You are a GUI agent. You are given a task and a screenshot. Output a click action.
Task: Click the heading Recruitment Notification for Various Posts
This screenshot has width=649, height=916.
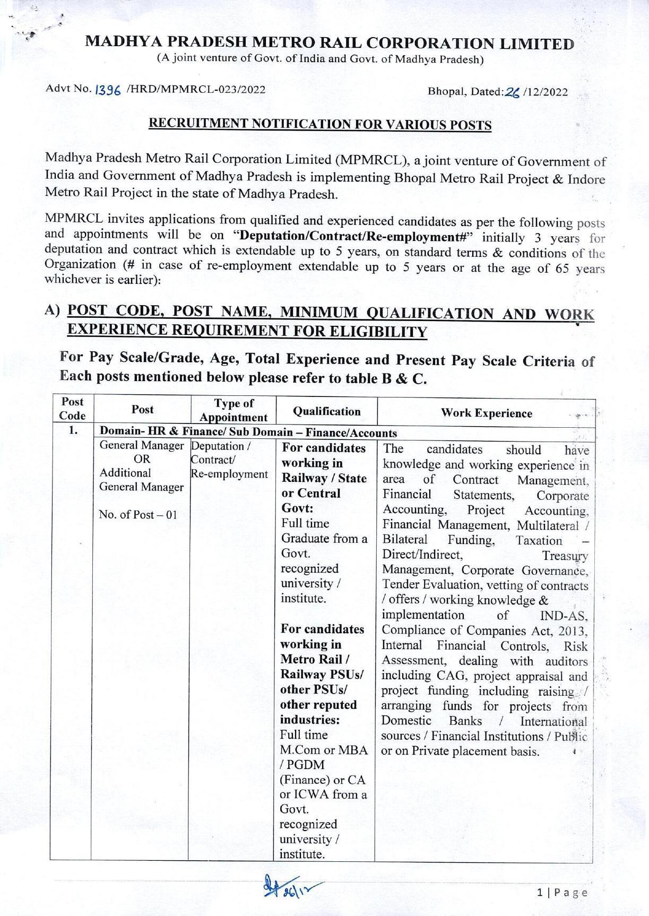(x=319, y=124)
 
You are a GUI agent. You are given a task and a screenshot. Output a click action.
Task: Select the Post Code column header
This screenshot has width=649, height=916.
(x=72, y=409)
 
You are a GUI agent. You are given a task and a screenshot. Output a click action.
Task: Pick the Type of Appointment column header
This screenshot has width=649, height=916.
(x=233, y=410)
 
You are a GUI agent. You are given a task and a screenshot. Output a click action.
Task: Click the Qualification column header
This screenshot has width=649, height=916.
(x=326, y=411)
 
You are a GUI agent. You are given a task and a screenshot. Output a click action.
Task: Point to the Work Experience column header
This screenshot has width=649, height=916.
(x=486, y=413)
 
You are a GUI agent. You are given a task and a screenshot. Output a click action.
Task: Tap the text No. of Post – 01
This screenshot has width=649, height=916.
(x=137, y=514)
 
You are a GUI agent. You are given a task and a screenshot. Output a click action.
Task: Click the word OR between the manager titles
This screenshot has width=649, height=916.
(x=142, y=459)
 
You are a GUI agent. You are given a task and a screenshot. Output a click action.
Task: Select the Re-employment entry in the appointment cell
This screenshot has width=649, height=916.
(x=229, y=474)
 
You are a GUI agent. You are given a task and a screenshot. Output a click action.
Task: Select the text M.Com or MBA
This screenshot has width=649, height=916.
(x=324, y=750)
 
